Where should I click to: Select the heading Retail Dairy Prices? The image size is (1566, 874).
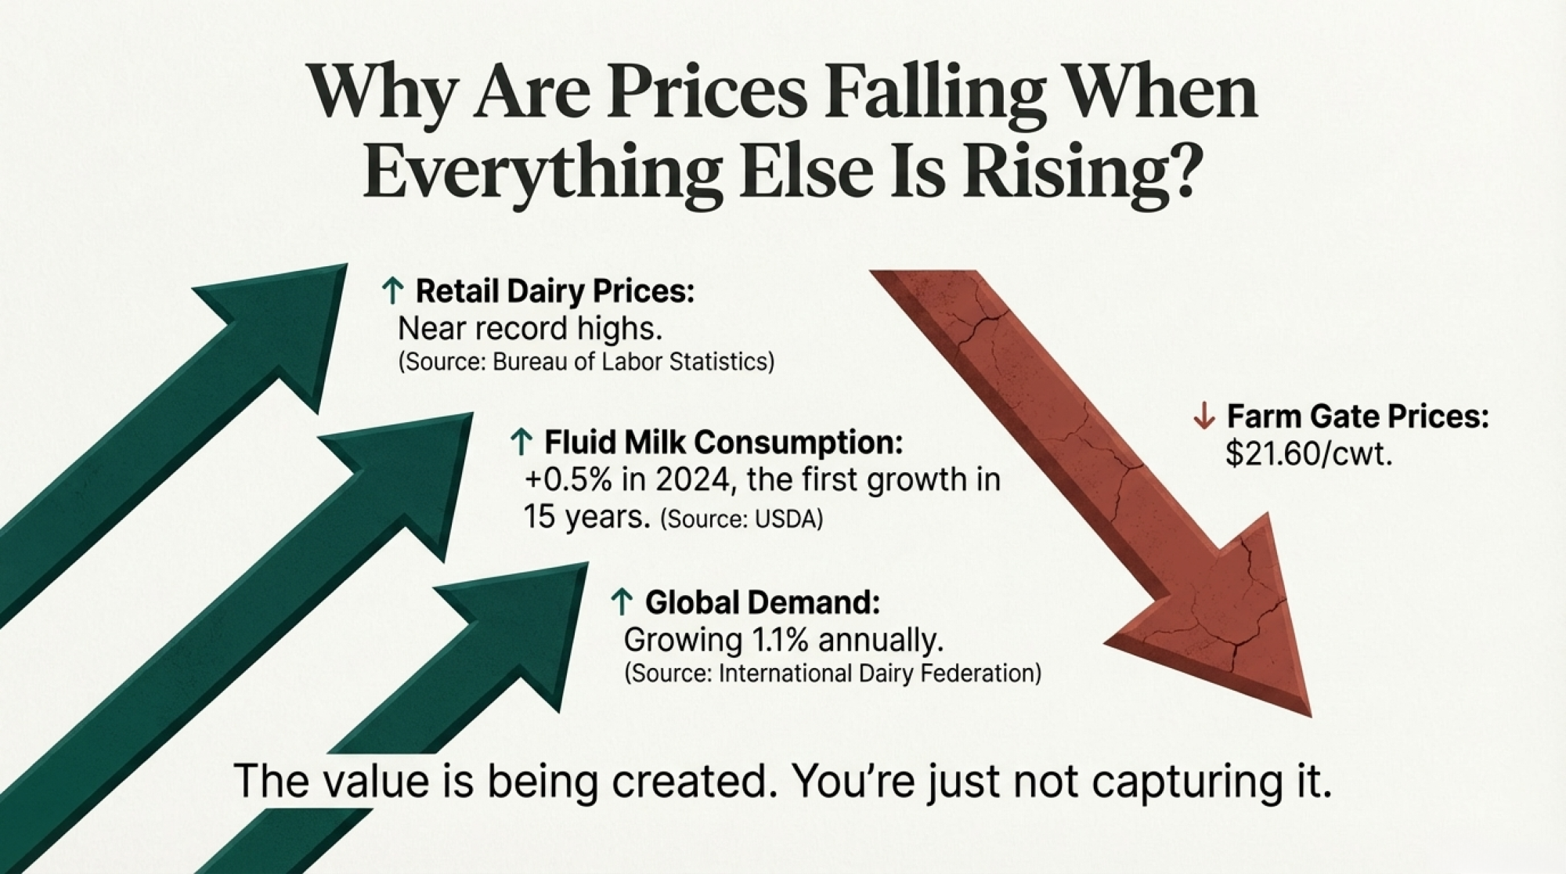coord(555,291)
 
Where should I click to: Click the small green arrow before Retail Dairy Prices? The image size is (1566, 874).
coord(392,291)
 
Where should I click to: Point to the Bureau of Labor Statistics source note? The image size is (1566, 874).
coord(586,362)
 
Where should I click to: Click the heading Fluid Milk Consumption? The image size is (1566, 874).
coord(723,442)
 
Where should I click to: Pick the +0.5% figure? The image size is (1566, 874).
coord(568,479)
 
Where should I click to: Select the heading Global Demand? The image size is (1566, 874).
coord(763,602)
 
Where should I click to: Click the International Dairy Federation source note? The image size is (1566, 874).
coord(833,674)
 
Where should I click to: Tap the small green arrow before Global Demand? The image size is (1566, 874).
coord(622,602)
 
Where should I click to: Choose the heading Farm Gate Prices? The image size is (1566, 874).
coord(1358,416)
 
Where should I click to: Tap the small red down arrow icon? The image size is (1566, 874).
coord(1203,416)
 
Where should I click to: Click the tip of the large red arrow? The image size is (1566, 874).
coord(1311,716)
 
